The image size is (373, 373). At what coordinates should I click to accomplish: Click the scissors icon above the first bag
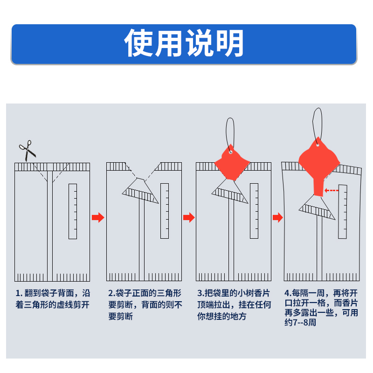[27, 150]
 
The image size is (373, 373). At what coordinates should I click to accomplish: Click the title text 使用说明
[184, 43]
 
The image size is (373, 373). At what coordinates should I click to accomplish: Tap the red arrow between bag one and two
[98, 217]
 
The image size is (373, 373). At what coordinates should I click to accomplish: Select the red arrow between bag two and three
[188, 217]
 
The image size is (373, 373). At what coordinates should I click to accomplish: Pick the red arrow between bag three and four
[277, 217]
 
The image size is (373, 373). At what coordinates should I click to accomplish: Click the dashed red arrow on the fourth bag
[332, 190]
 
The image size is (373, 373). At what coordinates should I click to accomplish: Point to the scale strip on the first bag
[73, 211]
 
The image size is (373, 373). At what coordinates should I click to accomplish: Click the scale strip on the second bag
[164, 211]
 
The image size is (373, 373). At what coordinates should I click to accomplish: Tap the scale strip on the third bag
[254, 211]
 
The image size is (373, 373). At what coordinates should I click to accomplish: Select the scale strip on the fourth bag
[343, 211]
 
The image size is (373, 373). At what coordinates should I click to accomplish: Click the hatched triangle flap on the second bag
[141, 191]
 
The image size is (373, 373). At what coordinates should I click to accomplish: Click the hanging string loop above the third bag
[230, 131]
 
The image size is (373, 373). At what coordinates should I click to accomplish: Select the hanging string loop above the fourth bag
[318, 122]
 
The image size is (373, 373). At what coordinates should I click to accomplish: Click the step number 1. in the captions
[19, 294]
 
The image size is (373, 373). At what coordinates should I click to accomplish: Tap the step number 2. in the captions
[111, 294]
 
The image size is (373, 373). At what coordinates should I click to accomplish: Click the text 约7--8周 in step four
[300, 322]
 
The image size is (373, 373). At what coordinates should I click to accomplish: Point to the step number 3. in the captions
[200, 294]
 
